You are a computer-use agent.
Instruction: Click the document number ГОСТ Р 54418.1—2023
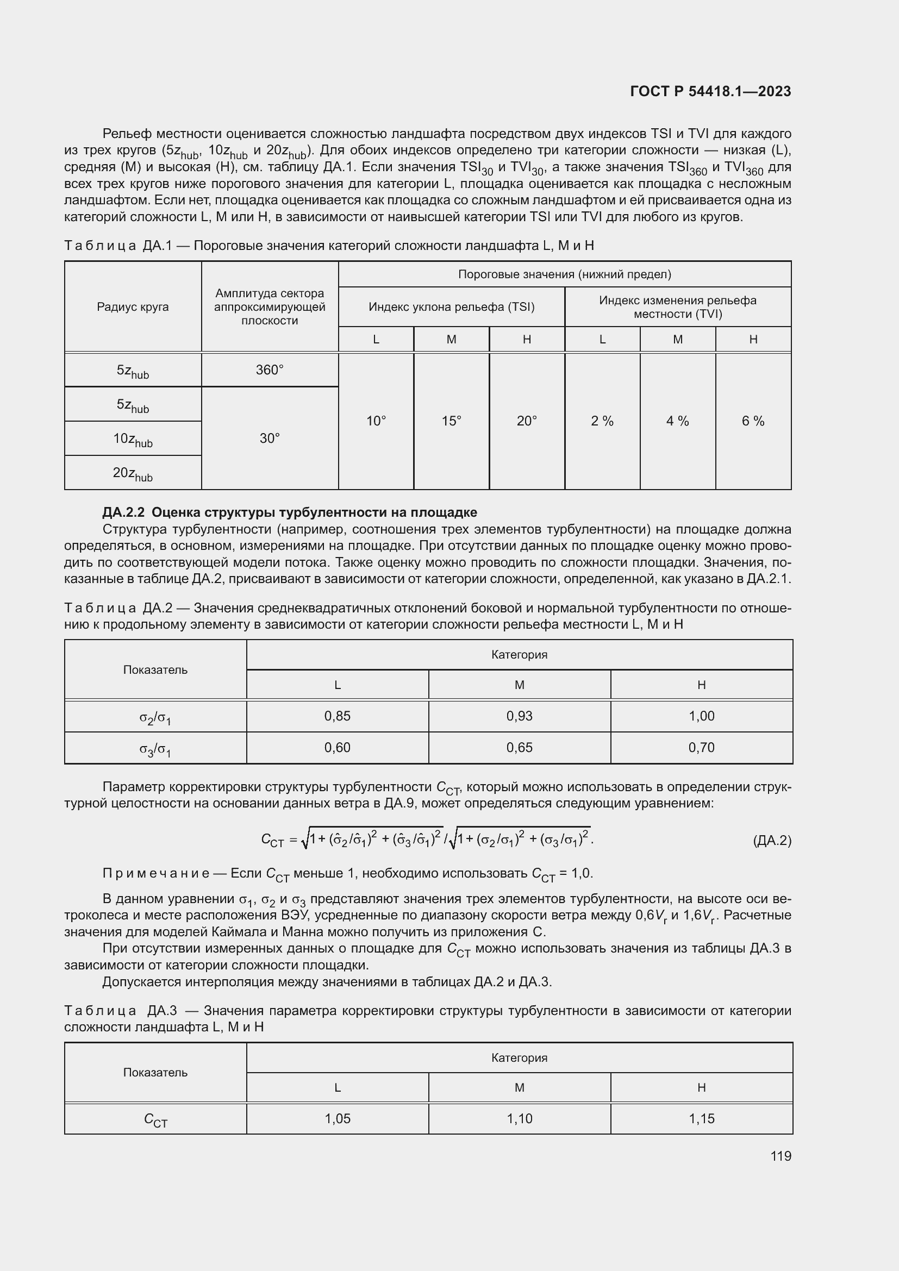pos(710,91)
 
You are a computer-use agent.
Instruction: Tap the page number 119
pos(781,1156)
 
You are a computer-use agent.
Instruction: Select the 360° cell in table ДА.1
pos(270,370)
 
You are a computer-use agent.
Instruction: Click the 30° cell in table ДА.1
pos(270,439)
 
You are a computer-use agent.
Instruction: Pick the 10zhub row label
pos(133,440)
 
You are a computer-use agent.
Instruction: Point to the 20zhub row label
pos(133,474)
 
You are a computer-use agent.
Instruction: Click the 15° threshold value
pos(451,421)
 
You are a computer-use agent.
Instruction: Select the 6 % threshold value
pos(753,421)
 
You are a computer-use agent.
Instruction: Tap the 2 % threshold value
pos(602,421)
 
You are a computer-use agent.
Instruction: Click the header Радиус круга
pos(133,306)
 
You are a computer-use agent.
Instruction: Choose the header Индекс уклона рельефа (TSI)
pos(451,306)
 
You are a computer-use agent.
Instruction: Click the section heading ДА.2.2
pos(290,512)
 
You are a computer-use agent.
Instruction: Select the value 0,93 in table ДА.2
pos(519,716)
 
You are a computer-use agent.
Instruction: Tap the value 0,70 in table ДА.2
pos(701,747)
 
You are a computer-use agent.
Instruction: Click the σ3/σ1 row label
pos(155,749)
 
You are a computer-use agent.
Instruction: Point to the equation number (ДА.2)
pos(772,841)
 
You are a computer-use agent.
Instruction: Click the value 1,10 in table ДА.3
pos(519,1118)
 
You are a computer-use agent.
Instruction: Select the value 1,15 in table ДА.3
pos(701,1118)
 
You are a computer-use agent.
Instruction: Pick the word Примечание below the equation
pos(155,874)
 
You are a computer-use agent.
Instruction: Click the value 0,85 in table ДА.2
pos(337,716)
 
